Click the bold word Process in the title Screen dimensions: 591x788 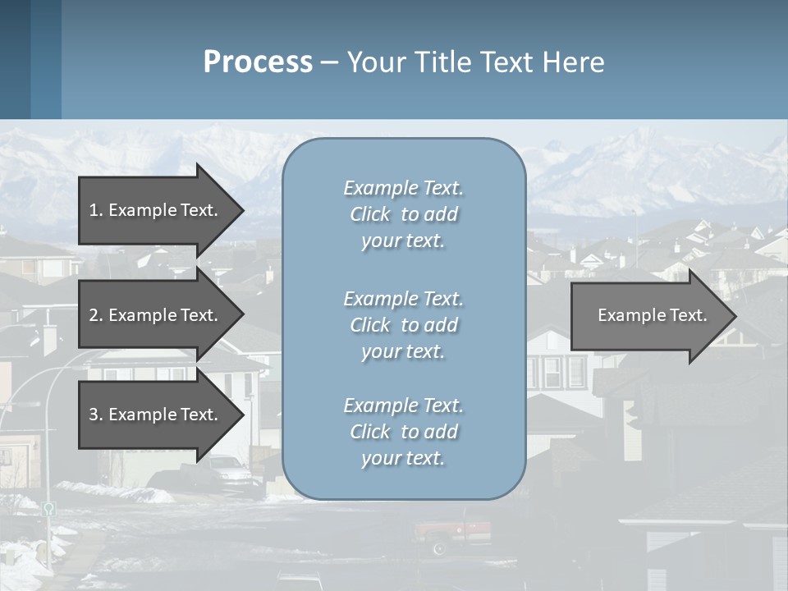point(258,62)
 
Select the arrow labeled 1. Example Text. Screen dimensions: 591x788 point(156,210)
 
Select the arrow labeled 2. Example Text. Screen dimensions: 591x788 point(156,315)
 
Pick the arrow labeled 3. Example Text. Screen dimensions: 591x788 point(156,415)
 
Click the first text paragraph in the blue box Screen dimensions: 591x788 point(403,214)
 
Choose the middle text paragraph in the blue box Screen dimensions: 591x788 point(403,325)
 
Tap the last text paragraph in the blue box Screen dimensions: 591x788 point(403,432)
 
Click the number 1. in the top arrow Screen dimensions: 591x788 point(95,210)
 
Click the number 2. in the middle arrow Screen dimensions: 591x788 point(95,315)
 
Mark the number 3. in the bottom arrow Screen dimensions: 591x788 point(95,415)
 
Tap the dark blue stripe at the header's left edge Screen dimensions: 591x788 point(15,59)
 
